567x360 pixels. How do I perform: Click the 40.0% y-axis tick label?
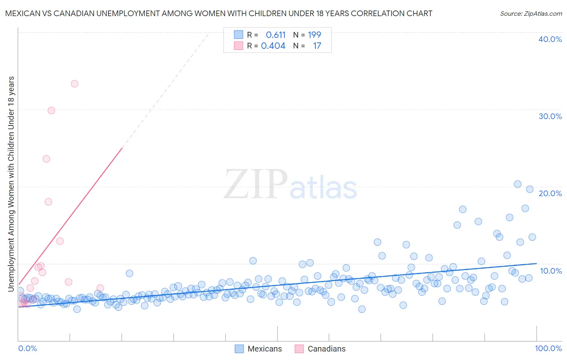[550, 39]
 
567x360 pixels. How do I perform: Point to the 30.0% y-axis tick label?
[550, 116]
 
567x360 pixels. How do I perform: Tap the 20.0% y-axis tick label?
[550, 193]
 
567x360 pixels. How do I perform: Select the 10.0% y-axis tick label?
[550, 271]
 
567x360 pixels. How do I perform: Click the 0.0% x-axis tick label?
[27, 348]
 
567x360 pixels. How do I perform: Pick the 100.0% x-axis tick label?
[548, 348]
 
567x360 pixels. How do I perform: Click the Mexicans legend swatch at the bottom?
[239, 349]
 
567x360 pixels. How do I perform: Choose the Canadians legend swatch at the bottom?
[299, 349]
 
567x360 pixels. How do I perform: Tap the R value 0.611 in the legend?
[275, 35]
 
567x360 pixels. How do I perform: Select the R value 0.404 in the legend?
[273, 46]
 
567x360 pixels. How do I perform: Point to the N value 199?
[315, 35]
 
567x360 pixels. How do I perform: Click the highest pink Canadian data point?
[75, 84]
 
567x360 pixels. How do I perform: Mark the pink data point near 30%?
[51, 111]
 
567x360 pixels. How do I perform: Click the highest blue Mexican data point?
[518, 184]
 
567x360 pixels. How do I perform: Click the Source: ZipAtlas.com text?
[531, 13]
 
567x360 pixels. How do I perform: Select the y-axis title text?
[11, 184]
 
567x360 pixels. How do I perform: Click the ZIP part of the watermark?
[256, 184]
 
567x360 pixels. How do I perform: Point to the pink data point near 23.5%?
[46, 159]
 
